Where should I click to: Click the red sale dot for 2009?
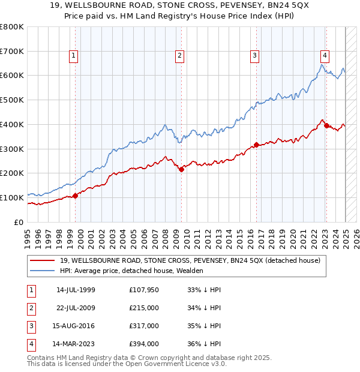point(181,169)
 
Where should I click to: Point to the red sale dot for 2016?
point(256,145)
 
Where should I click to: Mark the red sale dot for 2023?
point(326,125)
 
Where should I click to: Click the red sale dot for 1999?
point(75,196)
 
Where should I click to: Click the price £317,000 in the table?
point(143,326)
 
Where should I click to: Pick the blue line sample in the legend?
point(42,271)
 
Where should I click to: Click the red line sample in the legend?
point(42,260)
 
